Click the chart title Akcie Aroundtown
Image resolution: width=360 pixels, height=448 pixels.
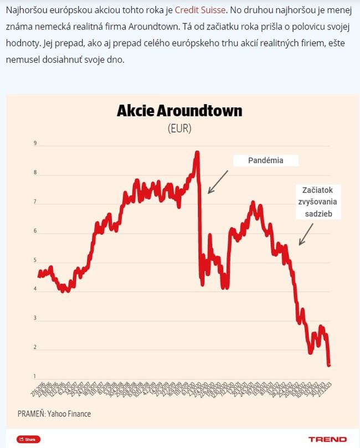tap(179, 111)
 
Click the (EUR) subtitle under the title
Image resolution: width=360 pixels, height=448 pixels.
tap(179, 128)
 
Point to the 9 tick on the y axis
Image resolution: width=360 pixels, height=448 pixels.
tap(35, 144)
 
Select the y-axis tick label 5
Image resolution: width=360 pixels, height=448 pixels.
tap(35, 260)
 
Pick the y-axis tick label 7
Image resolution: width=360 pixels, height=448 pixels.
tap(35, 202)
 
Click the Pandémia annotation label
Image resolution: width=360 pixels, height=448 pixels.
tap(265, 161)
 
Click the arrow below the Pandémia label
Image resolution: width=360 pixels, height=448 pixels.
tap(218, 182)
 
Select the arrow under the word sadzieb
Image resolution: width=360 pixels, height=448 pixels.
tap(309, 231)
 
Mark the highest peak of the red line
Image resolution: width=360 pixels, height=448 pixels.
tap(197, 152)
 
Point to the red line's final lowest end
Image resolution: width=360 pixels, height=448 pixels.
tap(329, 365)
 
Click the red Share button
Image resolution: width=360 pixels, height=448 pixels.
tap(28, 439)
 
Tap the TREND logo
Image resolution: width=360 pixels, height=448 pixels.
tap(327, 439)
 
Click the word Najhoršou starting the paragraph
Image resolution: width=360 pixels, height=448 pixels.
tap(24, 11)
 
